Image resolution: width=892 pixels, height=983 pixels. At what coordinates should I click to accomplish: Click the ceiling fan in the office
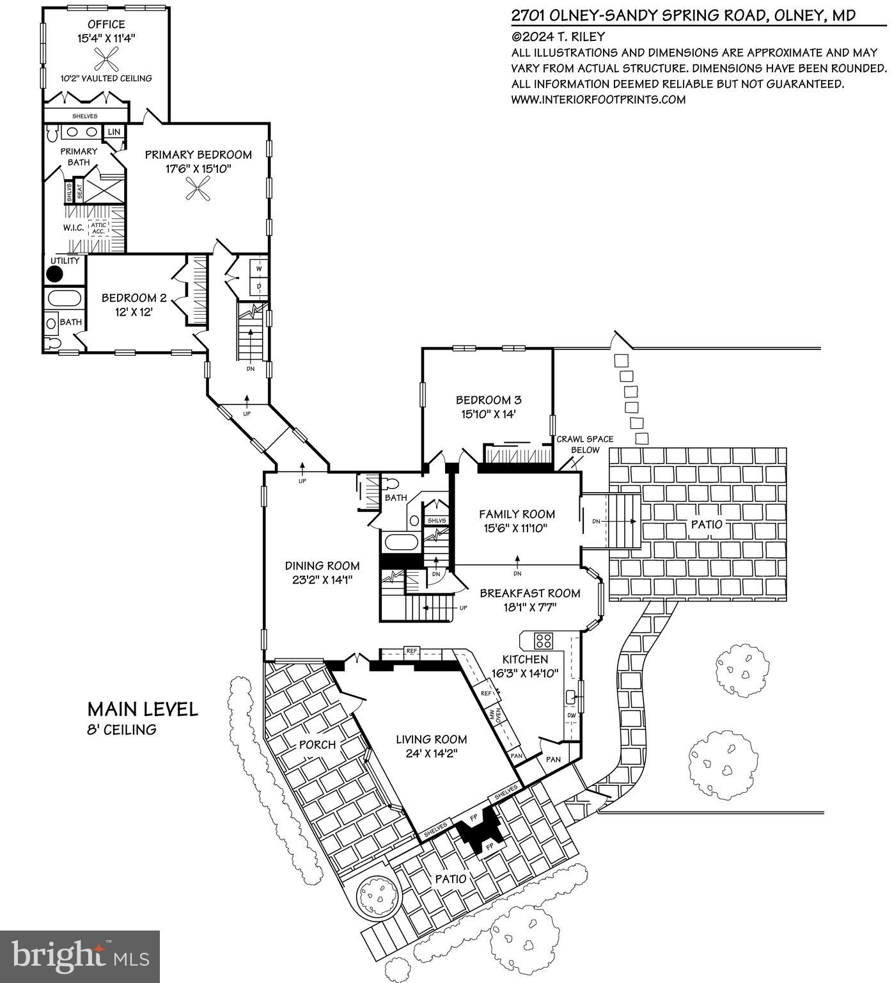pyautogui.click(x=106, y=60)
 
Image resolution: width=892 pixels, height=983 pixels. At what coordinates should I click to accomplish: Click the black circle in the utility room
pyautogui.click(x=55, y=274)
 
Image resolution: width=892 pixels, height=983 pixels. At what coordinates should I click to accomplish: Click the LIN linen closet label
pyautogui.click(x=114, y=132)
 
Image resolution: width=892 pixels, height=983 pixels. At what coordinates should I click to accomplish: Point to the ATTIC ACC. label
pyautogui.click(x=98, y=228)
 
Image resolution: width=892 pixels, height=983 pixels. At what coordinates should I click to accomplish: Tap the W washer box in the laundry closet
pyautogui.click(x=260, y=267)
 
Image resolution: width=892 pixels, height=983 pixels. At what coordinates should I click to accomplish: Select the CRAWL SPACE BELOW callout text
pyautogui.click(x=584, y=444)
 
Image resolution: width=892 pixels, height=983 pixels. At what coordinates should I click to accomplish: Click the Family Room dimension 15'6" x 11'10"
pyautogui.click(x=517, y=528)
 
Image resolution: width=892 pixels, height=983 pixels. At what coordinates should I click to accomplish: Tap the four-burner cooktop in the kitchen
pyautogui.click(x=544, y=641)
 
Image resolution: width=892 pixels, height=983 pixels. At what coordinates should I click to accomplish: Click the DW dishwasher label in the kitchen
pyautogui.click(x=571, y=715)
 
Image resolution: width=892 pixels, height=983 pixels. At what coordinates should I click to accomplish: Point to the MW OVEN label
pyautogui.click(x=495, y=716)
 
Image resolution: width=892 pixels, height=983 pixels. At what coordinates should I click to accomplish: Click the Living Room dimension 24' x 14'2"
pyautogui.click(x=431, y=753)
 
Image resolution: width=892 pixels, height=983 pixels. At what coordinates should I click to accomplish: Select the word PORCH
pyautogui.click(x=317, y=744)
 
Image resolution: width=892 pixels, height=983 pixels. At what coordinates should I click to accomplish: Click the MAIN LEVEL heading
pyautogui.click(x=143, y=709)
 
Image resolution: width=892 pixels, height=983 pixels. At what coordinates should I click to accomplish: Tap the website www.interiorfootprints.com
pyautogui.click(x=598, y=99)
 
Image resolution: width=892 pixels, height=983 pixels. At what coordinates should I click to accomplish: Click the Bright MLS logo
pyautogui.click(x=80, y=957)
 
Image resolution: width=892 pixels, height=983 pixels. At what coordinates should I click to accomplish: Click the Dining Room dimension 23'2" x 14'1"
pyautogui.click(x=322, y=580)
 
